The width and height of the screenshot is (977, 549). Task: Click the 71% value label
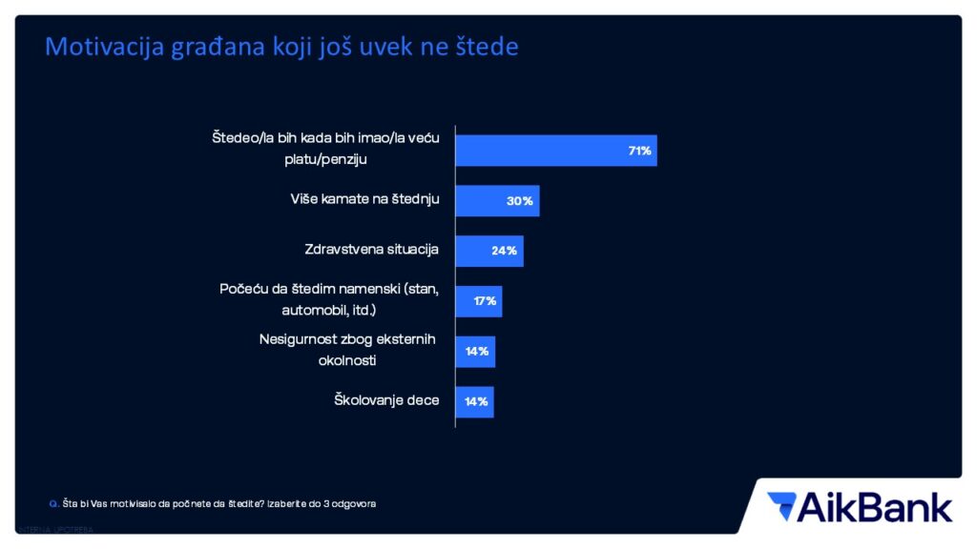pyautogui.click(x=639, y=151)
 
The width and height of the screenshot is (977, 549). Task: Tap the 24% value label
pyautogui.click(x=505, y=251)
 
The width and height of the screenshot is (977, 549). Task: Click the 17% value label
pyautogui.click(x=485, y=301)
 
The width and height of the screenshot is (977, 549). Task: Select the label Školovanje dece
pyautogui.click(x=386, y=400)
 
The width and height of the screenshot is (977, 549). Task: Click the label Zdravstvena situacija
pyautogui.click(x=371, y=250)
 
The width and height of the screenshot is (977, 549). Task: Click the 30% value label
pyautogui.click(x=521, y=201)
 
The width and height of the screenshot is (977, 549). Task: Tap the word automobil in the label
pyautogui.click(x=313, y=310)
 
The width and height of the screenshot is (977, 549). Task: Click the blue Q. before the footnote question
pyautogui.click(x=52, y=502)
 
